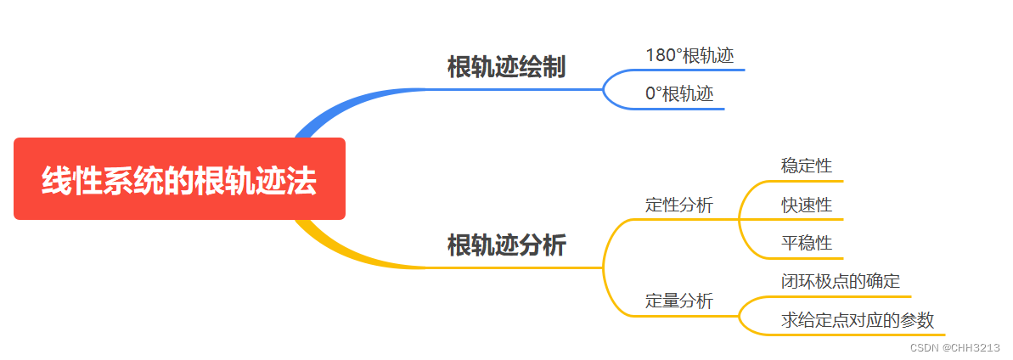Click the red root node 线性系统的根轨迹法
click(x=179, y=179)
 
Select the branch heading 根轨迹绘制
click(x=506, y=68)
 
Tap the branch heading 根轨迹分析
click(x=506, y=245)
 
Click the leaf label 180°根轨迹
click(x=689, y=56)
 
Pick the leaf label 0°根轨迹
click(x=679, y=94)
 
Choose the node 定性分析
click(x=679, y=205)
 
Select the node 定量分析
click(x=679, y=301)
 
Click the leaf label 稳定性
click(x=807, y=166)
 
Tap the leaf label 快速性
click(x=807, y=205)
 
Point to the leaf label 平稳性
click(x=807, y=244)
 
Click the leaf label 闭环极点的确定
click(x=841, y=281)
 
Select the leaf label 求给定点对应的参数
click(x=858, y=320)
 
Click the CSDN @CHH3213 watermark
click(x=954, y=347)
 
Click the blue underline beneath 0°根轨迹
click(x=679, y=109)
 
